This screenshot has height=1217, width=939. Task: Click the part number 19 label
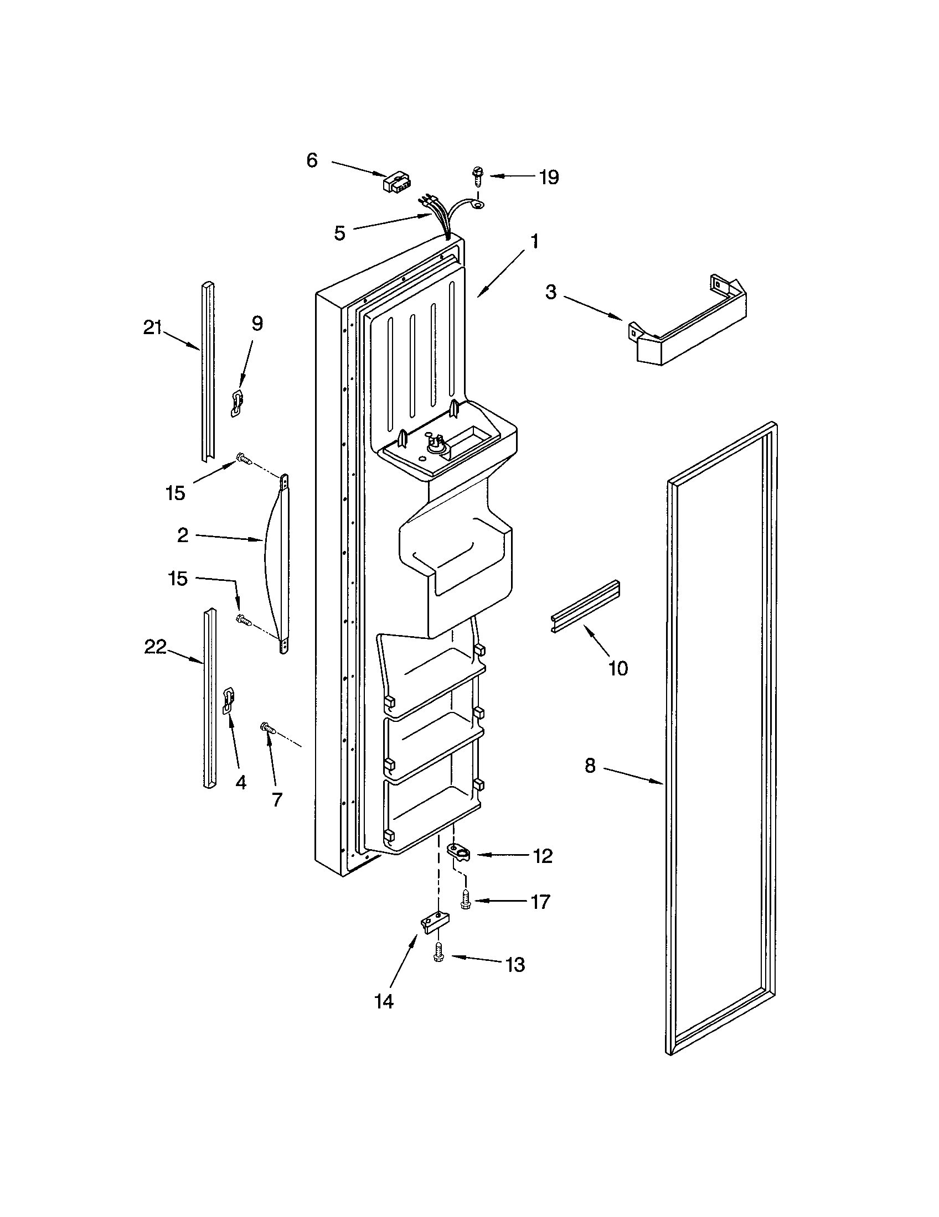549,177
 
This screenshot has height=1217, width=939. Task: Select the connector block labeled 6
396,182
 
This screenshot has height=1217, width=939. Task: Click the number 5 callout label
339,233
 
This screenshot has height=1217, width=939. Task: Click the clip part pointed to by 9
237,402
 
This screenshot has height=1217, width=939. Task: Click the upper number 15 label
175,492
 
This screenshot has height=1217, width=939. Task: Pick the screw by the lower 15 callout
244,620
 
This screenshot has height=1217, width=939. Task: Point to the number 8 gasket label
591,766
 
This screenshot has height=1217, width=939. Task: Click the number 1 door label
534,242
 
